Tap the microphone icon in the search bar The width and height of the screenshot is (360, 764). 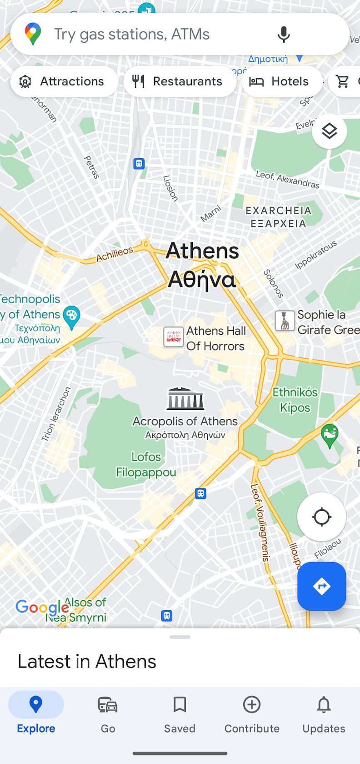pyautogui.click(x=284, y=35)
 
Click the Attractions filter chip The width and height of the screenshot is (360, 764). pyautogui.click(x=64, y=81)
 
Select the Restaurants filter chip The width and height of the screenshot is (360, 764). pyautogui.click(x=180, y=81)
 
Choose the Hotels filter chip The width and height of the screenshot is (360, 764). pyautogui.click(x=281, y=81)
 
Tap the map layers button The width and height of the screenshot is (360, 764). pyautogui.click(x=330, y=131)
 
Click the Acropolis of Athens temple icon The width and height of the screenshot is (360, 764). pyautogui.click(x=185, y=399)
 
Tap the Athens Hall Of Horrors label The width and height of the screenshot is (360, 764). pyautogui.click(x=215, y=338)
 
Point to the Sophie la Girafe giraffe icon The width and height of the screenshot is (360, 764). pyautogui.click(x=285, y=321)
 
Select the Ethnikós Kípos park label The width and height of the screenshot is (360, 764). pyautogui.click(x=295, y=400)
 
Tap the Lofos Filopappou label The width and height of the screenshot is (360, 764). pyautogui.click(x=146, y=464)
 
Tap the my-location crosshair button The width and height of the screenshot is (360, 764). pyautogui.click(x=321, y=517)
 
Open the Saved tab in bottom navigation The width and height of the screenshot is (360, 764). pyautogui.click(x=180, y=713)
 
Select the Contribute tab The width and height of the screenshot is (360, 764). pyautogui.click(x=252, y=713)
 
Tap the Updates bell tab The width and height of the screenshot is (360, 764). pyautogui.click(x=324, y=713)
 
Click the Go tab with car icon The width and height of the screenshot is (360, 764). pyautogui.click(x=108, y=713)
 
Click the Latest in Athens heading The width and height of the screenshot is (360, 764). pyautogui.click(x=87, y=661)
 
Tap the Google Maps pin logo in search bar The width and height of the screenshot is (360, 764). pyautogui.click(x=33, y=34)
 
